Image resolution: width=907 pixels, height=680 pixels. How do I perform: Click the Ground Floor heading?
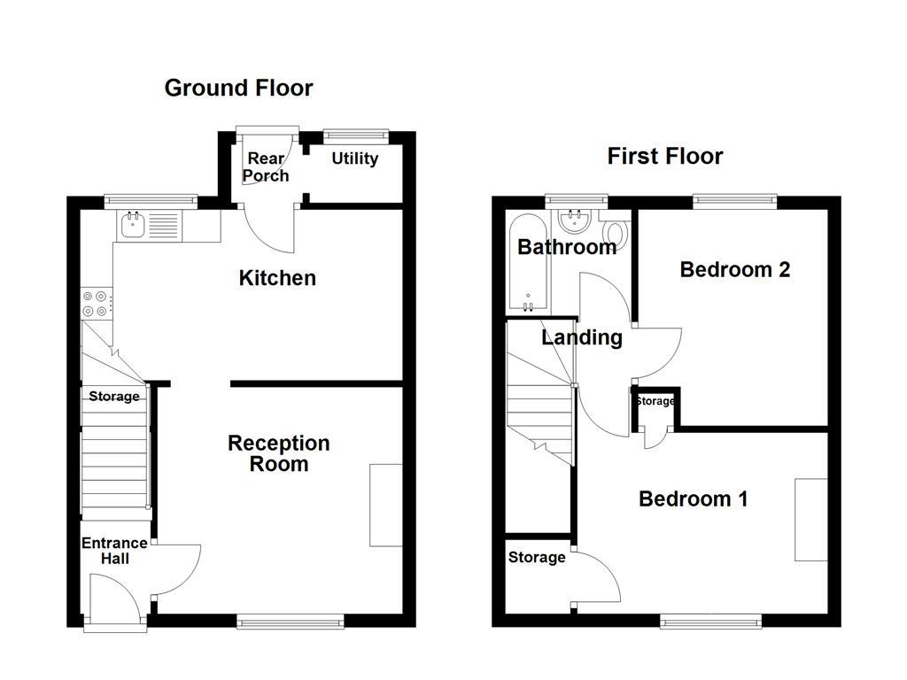point(238,88)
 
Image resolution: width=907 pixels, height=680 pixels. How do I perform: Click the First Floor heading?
point(664,157)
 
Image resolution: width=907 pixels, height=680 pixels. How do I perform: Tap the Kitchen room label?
point(277,278)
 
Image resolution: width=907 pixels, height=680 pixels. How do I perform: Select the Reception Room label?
point(279,453)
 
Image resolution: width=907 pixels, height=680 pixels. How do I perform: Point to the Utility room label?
point(355,158)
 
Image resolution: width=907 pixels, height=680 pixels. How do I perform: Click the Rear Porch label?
point(266,166)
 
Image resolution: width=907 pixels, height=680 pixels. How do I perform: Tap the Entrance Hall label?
point(114,551)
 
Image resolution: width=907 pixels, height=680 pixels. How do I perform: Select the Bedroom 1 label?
point(693,499)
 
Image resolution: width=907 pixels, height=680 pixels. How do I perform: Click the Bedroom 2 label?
point(734,269)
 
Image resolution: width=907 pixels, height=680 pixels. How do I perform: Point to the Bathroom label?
point(567,247)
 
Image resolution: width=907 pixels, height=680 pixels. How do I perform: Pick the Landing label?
point(582,337)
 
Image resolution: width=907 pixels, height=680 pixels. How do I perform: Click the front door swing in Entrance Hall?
point(115,598)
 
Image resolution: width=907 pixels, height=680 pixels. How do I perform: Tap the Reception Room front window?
point(291,622)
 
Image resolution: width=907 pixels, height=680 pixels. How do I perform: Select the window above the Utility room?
point(355,135)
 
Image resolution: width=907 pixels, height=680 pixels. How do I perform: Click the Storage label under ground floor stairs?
point(114,397)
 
